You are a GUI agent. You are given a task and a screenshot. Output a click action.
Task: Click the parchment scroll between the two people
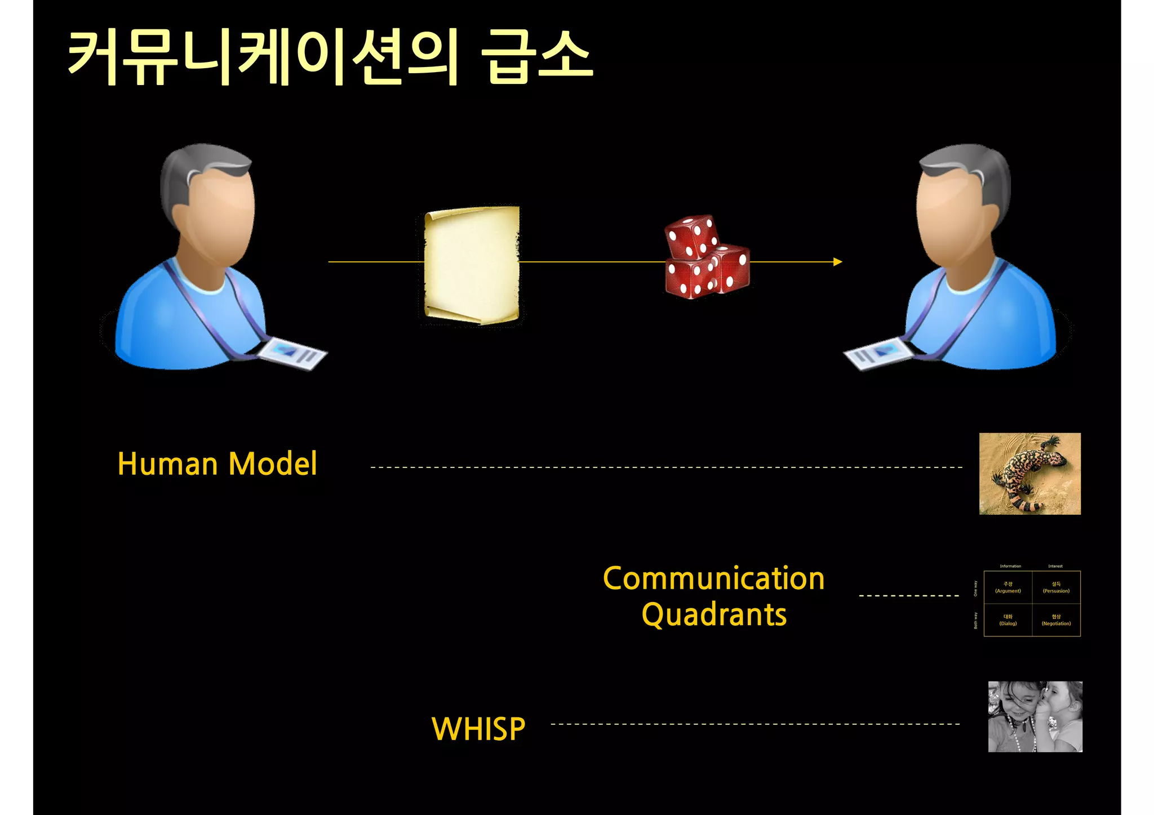(x=472, y=265)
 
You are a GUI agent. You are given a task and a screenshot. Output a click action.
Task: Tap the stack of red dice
(x=707, y=257)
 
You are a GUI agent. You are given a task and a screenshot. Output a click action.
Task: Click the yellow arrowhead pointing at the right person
(x=837, y=262)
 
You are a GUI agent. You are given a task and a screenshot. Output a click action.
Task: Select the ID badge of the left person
(x=292, y=353)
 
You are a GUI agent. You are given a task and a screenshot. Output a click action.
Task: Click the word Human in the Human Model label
(x=167, y=464)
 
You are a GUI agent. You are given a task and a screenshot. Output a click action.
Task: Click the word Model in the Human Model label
(x=273, y=464)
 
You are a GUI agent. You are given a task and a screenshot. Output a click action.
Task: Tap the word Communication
(x=713, y=578)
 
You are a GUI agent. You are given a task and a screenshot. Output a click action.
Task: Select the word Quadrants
(x=714, y=614)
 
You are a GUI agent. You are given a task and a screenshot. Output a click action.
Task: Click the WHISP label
(x=478, y=729)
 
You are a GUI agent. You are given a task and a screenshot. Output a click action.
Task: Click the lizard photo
(x=1029, y=474)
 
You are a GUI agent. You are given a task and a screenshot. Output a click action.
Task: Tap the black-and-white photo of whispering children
(x=1035, y=716)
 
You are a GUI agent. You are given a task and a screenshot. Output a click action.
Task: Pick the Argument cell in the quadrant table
(x=1007, y=587)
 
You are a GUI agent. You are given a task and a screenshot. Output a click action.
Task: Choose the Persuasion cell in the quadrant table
(x=1056, y=587)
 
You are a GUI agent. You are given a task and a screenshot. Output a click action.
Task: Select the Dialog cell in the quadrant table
(x=1007, y=620)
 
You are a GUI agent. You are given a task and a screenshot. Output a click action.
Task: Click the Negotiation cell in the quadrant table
(x=1056, y=620)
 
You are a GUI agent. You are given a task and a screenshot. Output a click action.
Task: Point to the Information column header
(x=1010, y=566)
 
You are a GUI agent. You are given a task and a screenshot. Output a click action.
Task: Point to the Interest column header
(x=1055, y=566)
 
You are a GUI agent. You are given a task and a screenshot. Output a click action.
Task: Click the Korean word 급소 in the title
(x=536, y=56)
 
